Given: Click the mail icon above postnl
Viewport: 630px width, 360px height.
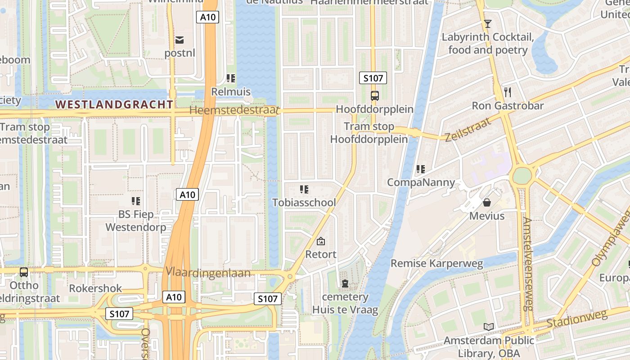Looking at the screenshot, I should [x=180, y=40].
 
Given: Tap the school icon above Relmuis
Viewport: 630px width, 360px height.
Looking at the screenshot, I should [x=231, y=79].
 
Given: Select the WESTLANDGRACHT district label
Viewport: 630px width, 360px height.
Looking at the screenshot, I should [x=114, y=104].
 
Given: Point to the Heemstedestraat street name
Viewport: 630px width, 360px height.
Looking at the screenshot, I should [x=234, y=110].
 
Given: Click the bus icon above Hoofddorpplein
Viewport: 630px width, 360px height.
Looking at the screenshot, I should [x=374, y=95].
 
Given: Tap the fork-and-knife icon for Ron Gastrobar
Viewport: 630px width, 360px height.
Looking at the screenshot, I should [x=508, y=92].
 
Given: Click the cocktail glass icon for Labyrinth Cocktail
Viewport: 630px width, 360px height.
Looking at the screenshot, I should [x=487, y=23].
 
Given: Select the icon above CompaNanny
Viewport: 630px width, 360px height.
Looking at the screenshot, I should [x=421, y=169].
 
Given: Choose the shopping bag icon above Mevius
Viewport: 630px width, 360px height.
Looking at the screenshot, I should [x=486, y=202].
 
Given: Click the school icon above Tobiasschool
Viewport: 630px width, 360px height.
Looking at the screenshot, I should [x=304, y=189].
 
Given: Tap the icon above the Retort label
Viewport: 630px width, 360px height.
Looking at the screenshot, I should [x=320, y=241].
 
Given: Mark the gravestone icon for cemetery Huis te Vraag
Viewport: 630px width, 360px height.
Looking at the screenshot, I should [x=345, y=283].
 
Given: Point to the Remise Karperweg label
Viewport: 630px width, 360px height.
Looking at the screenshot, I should [x=436, y=263].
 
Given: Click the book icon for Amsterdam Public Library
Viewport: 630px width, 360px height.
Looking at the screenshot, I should [x=488, y=327].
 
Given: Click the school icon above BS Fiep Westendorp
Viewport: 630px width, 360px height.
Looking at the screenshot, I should [x=136, y=201].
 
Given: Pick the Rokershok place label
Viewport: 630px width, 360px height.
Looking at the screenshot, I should [x=95, y=288].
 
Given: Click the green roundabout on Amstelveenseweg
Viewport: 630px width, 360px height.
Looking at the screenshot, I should [x=522, y=176].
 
